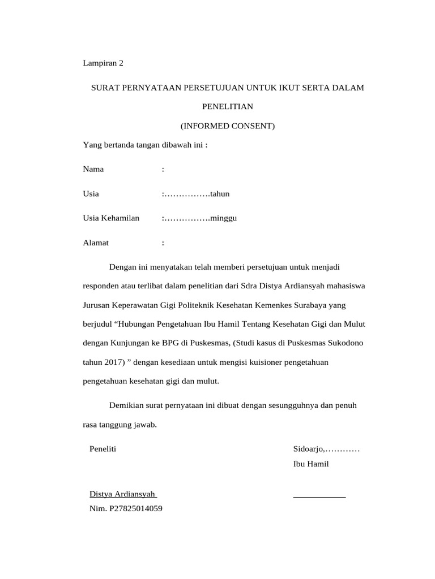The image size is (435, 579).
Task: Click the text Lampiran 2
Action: pos(103,63)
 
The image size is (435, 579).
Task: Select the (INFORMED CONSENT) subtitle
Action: pos(227,126)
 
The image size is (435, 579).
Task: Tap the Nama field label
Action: pos(93,169)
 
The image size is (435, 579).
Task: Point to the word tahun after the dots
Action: pos(220,194)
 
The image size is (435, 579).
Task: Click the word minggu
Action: pos(223,218)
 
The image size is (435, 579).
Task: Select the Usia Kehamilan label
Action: pos(111,218)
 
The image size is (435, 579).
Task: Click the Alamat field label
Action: pos(96,243)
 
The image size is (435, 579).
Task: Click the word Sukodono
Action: pos(347,343)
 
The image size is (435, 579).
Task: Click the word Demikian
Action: pos(126,405)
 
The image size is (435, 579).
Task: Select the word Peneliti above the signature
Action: pos(103,450)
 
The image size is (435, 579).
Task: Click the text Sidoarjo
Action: pos(308,450)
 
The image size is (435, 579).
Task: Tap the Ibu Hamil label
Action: pos(311,464)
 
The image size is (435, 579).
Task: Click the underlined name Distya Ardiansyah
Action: pos(122,494)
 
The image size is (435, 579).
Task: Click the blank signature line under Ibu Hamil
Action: pos(319,496)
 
